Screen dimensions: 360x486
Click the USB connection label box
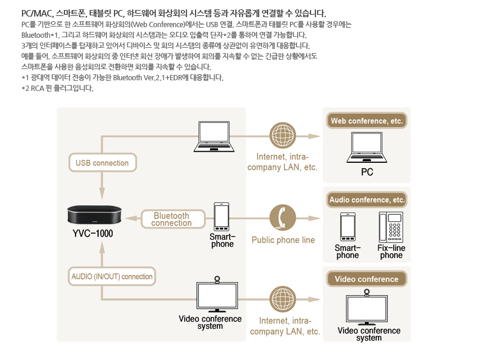coord(102,163)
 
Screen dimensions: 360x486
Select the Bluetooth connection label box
coord(171,220)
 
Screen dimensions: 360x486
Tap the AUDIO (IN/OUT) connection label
coord(112,276)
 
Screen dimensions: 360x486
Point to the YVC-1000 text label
coord(93,234)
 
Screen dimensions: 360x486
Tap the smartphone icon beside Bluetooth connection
coord(222,217)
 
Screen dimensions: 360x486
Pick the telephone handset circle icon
coord(282,218)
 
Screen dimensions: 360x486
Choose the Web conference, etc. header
coord(367,121)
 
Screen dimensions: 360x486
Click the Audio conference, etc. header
coord(367,200)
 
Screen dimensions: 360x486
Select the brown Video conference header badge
coord(367,279)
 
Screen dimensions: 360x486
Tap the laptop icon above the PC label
coord(367,148)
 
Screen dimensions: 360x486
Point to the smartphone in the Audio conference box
coord(347,227)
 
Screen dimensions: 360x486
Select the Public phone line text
coord(283,240)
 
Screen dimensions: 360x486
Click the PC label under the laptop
coord(367,173)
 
